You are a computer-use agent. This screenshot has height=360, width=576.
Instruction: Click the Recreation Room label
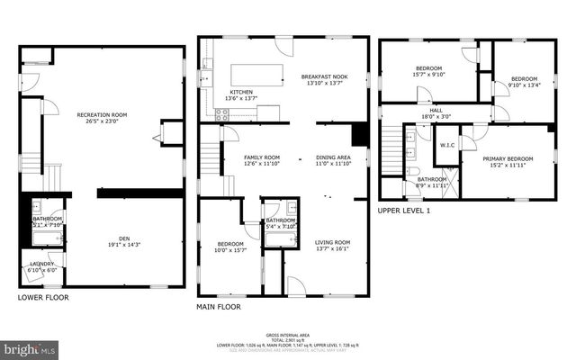(101, 114)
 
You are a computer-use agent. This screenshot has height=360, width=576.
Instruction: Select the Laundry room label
(41, 263)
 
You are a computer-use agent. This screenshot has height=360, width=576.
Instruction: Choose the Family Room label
(262, 157)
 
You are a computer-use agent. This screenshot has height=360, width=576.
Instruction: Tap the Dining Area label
(332, 157)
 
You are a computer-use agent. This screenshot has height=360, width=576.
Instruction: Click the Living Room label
(332, 242)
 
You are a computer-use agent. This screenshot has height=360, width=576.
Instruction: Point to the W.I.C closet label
(447, 145)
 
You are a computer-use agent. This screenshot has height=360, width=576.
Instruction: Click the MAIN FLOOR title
(219, 307)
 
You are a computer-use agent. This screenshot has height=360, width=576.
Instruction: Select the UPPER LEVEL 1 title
(404, 210)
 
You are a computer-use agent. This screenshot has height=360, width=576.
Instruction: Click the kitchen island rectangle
(257, 73)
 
